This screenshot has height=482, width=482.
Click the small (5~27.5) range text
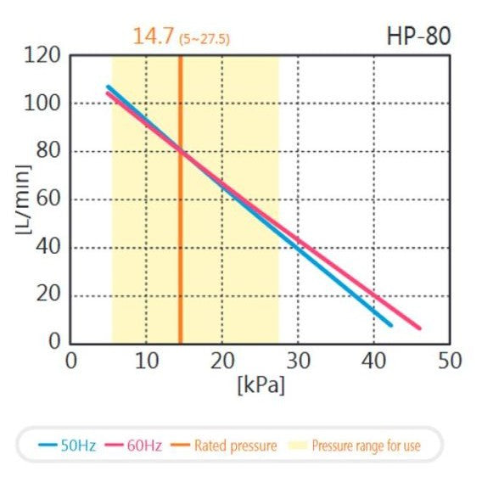[204, 39]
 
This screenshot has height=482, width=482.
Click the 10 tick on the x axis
[146, 361]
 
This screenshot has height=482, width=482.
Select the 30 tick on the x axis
[298, 361]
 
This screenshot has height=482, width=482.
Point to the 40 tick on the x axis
[373, 361]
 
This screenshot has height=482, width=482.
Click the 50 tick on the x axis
[449, 361]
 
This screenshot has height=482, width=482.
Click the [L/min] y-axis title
[23, 200]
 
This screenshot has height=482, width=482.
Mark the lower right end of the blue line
[390, 324]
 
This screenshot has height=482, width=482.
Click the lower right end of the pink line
[419, 328]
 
